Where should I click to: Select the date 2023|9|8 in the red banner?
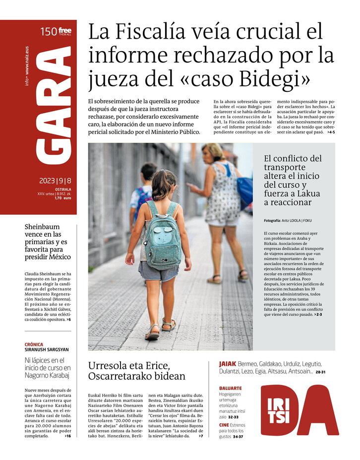55,181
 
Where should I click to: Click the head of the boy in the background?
149,172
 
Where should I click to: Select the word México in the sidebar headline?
57,257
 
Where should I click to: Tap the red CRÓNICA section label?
34,344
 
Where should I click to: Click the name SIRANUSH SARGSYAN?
47,350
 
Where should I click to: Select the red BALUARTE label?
231,388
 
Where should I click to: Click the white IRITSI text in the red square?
279,410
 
